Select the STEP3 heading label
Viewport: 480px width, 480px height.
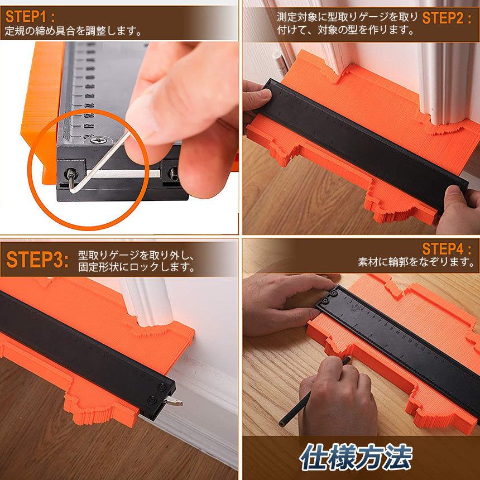pos(37,260)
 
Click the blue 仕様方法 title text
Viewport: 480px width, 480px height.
pos(356,457)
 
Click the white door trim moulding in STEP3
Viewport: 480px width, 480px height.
pos(146,302)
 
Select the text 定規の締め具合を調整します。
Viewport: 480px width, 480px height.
pos(74,31)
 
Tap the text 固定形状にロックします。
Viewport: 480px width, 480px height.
pos(137,267)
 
